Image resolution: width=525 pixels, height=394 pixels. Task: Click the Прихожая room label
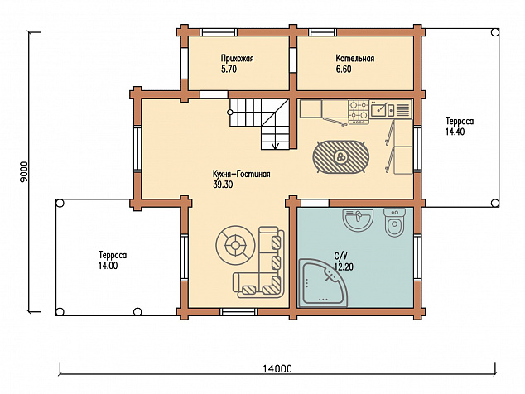click(x=237, y=59)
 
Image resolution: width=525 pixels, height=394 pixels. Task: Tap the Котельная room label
click(x=355, y=59)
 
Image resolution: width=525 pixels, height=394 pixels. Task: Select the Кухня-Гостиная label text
click(x=242, y=175)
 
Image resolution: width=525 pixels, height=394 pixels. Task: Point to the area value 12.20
click(x=344, y=267)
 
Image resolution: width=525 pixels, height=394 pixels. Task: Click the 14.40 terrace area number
click(x=455, y=132)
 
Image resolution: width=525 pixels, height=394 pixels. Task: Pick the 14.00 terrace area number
click(x=108, y=266)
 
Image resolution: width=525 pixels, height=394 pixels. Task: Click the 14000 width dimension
click(x=277, y=369)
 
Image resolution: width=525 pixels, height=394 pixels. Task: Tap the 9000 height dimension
click(x=23, y=172)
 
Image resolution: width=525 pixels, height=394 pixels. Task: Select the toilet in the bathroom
click(x=395, y=223)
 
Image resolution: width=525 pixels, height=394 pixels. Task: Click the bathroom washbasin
click(x=358, y=220)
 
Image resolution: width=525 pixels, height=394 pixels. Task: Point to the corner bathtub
click(x=322, y=283)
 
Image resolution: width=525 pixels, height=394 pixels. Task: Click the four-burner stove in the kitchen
click(x=359, y=112)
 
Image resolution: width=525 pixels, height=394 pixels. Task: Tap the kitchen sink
click(x=383, y=109)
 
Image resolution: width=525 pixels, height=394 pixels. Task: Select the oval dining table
click(x=340, y=156)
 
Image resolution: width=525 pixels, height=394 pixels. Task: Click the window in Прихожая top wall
click(x=219, y=32)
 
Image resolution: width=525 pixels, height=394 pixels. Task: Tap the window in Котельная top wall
click(x=322, y=32)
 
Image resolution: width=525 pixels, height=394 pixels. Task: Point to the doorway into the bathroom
click(x=315, y=203)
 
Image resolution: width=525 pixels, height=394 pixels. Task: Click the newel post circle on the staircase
click(x=230, y=112)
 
